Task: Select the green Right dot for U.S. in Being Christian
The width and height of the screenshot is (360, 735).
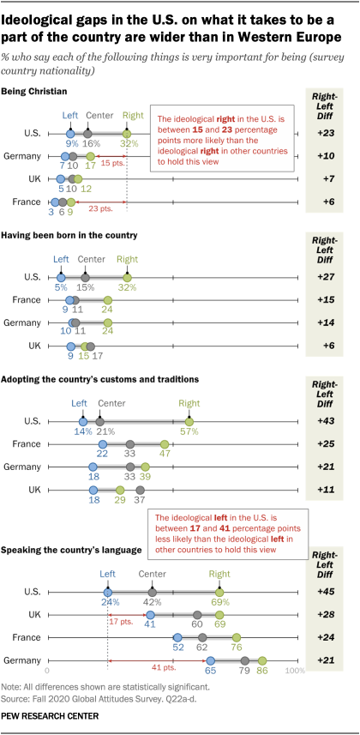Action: (127, 134)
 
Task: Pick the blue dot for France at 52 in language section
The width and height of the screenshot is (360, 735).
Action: (177, 637)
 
